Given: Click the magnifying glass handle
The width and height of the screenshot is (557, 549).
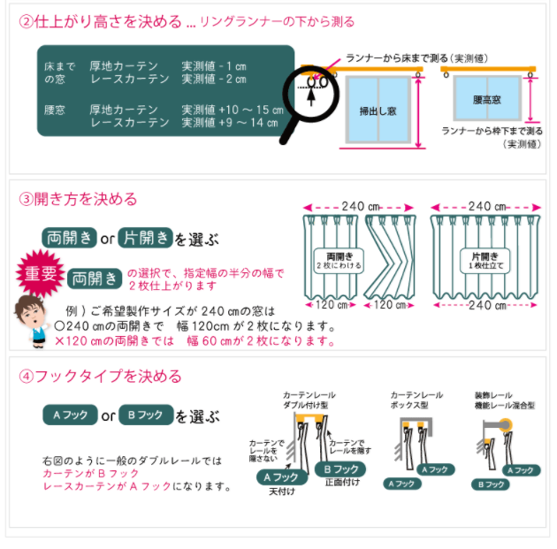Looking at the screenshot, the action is point(289,131).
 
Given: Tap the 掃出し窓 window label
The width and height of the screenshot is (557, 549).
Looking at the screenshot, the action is point(378,111).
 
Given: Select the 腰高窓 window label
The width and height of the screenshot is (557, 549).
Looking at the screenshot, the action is point(486,100).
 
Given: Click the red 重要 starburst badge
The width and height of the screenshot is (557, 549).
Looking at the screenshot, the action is point(40,273).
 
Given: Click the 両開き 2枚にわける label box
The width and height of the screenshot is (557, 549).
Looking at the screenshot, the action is point(339,261).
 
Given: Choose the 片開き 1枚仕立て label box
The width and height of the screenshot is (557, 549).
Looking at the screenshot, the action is point(485,261).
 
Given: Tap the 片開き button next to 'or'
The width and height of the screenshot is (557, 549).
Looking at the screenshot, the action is point(145,238).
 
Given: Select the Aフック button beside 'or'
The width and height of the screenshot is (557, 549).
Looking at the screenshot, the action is point(70,415).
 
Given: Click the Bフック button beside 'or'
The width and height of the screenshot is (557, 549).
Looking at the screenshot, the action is point(146,415).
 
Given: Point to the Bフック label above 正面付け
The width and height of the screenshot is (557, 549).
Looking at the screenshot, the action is point(340,469).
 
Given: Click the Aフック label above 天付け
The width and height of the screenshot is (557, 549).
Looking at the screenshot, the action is point(282,477).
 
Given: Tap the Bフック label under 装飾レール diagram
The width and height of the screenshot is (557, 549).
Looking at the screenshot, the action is point(490,484).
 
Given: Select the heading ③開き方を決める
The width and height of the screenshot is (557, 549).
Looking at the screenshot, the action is point(78,199).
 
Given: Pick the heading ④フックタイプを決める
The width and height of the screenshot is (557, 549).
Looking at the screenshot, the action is point(100,376).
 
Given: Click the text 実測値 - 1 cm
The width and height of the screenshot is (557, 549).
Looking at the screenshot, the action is point(214,66).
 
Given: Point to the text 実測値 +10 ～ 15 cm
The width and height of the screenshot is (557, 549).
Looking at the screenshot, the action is point(233,110).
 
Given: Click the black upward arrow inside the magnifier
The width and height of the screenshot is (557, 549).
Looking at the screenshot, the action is point(311,96).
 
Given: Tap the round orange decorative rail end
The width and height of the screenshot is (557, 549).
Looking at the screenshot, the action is point(506,424).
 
